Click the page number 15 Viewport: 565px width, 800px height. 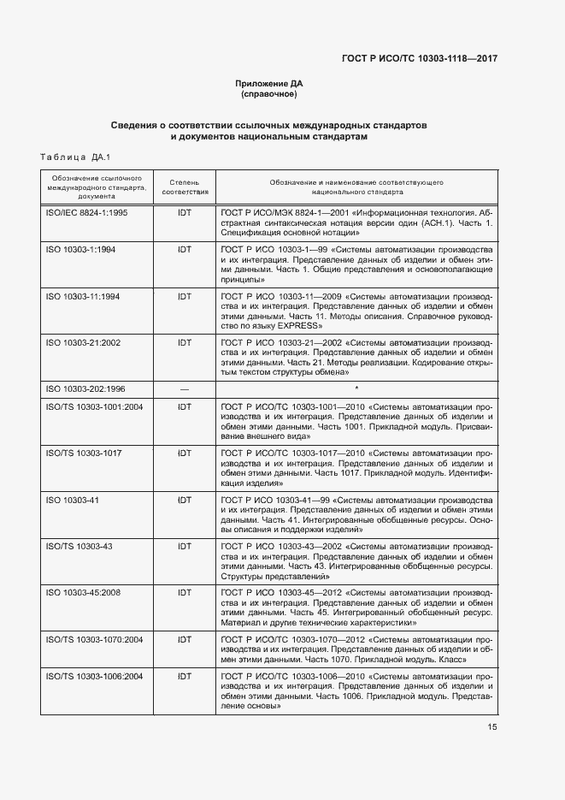pos(492,727)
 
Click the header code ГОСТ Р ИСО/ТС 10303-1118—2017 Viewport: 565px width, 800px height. pos(419,58)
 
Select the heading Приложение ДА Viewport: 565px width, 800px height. pos(269,83)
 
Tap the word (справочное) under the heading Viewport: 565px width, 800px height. pos(269,93)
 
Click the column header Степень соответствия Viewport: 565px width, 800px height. pos(185,187)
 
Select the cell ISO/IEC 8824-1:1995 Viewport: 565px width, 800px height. pos(85,212)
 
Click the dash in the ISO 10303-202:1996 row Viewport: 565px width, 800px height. pos(185,388)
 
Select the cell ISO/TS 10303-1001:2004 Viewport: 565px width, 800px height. pos(94,406)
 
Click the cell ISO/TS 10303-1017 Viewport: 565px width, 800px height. pos(83,453)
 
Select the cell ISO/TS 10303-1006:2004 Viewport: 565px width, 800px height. pos(94,676)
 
